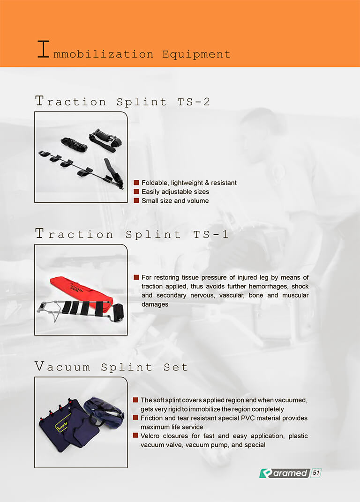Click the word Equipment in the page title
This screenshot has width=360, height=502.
click(x=196, y=54)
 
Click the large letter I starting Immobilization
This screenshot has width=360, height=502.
click(x=43, y=49)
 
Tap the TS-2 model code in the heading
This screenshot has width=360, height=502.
click(x=194, y=102)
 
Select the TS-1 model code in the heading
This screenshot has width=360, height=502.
click(x=211, y=234)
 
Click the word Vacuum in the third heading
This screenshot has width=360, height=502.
click(x=62, y=366)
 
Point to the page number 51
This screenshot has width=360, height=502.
click(x=316, y=473)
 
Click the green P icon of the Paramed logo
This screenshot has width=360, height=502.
click(x=266, y=473)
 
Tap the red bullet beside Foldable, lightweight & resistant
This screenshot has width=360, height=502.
click(x=136, y=183)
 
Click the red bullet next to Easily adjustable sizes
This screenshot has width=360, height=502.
click(x=136, y=192)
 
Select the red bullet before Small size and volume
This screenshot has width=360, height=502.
click(x=136, y=200)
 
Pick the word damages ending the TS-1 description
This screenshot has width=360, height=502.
click(x=155, y=304)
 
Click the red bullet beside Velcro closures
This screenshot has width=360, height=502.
click(x=135, y=436)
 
